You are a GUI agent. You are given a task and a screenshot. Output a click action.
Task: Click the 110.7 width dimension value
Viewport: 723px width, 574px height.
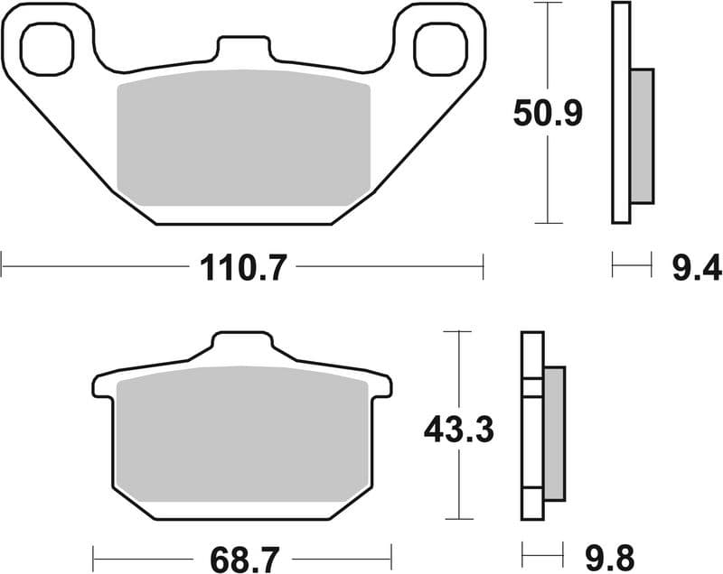click(241, 267)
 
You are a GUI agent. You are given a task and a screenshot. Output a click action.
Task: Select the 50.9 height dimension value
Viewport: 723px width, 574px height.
click(548, 114)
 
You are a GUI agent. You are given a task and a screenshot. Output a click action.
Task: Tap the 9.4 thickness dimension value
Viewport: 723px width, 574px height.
click(697, 267)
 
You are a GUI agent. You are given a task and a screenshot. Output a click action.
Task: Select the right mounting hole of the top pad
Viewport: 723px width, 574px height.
click(438, 48)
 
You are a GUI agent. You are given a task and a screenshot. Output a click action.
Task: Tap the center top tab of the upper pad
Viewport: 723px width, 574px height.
click(242, 51)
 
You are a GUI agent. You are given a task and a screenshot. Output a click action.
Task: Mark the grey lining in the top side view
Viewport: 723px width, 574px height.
click(640, 135)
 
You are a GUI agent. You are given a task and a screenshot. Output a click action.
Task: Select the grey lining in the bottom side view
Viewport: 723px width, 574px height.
click(553, 433)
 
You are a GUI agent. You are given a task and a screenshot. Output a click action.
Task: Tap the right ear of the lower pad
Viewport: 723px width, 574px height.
click(381, 385)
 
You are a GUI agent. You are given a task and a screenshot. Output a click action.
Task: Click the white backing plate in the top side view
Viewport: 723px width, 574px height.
click(620, 113)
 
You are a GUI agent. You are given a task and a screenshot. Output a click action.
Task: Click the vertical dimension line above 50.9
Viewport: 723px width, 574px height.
click(548, 45)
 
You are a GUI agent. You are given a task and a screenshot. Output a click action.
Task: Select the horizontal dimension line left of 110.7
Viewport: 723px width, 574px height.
click(90, 267)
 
